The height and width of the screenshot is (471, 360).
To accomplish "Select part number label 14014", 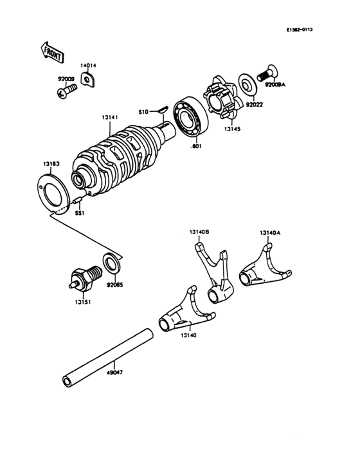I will click(x=88, y=66).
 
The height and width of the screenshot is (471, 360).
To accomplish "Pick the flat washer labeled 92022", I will click(x=245, y=83).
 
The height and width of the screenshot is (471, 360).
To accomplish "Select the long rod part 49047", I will click(x=108, y=358).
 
